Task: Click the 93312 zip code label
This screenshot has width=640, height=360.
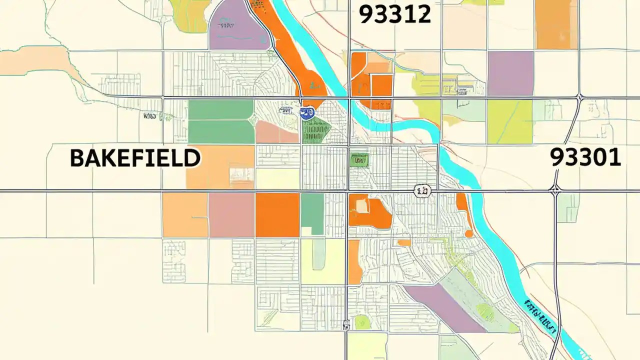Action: (395, 15)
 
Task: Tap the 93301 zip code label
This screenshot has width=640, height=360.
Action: (585, 158)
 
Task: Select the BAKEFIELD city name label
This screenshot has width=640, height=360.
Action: (135, 158)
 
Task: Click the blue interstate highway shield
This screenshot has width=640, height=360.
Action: (306, 113)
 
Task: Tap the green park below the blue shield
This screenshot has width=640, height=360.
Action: (316, 131)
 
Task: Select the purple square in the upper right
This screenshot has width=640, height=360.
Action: (510, 73)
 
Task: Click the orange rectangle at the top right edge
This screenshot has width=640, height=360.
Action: (556, 24)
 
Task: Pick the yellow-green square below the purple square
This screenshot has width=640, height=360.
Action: (510, 121)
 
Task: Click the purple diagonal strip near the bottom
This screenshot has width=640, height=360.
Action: (445, 307)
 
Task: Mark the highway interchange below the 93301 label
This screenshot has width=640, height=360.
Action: (555, 189)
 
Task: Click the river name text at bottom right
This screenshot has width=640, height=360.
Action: (540, 317)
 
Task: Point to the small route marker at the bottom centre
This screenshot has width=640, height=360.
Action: (346, 325)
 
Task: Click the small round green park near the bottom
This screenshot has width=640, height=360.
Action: (362, 322)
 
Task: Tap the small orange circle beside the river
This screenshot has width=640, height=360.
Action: (469, 233)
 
